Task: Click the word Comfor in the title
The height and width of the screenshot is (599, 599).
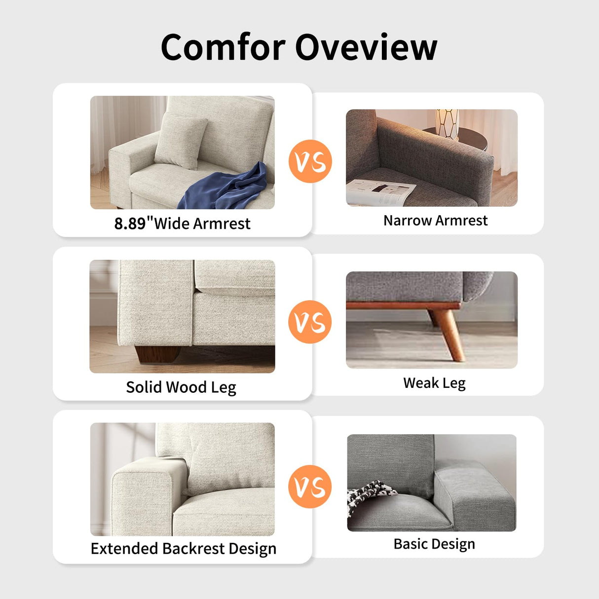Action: coord(223,47)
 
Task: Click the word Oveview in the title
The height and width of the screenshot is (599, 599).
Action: coord(366,47)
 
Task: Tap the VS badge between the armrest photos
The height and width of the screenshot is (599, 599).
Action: coord(310,161)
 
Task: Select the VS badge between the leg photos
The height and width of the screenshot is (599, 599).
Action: coord(310,322)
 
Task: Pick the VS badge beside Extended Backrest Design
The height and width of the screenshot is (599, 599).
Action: coord(310,487)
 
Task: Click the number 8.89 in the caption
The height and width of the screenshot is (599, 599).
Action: coord(130,224)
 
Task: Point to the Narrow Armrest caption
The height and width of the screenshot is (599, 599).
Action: coord(435,221)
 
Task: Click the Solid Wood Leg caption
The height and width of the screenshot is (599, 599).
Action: coord(181,387)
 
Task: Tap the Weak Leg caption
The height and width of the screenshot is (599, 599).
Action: coord(434,383)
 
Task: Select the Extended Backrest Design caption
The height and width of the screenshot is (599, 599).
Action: coord(183,549)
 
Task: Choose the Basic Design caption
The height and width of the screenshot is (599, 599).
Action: coord(434,544)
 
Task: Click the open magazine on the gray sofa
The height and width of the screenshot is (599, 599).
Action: coord(380,193)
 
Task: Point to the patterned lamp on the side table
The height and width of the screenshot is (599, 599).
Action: coord(447,123)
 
